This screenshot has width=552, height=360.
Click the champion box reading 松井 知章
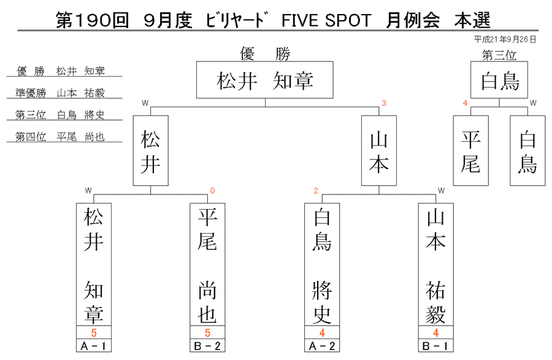(x=265, y=80)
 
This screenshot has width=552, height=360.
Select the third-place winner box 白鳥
(x=499, y=80)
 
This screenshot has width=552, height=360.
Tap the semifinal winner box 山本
(x=379, y=151)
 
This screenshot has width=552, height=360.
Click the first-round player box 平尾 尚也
(x=207, y=264)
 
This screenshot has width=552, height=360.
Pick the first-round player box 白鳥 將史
(x=322, y=264)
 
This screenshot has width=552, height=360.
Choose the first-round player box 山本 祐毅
(x=436, y=264)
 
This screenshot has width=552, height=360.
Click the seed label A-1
(x=94, y=346)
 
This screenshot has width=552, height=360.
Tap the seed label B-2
(x=207, y=346)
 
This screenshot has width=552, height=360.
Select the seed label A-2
(x=322, y=346)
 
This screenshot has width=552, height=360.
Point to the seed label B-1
(x=436, y=346)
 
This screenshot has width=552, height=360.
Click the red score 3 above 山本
(x=384, y=103)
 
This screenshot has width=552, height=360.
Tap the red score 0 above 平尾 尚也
(x=212, y=191)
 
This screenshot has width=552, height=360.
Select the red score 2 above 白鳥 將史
(x=316, y=191)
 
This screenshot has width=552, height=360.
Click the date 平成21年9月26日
(x=505, y=39)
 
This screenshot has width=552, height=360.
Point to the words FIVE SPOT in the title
(x=326, y=20)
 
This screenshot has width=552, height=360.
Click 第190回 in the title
(x=92, y=20)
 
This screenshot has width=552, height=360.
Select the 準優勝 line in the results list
(x=60, y=93)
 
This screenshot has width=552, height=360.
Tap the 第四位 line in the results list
(x=60, y=137)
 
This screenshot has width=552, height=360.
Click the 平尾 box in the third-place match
(x=470, y=151)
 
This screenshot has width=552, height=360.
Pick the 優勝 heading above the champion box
(x=265, y=54)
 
